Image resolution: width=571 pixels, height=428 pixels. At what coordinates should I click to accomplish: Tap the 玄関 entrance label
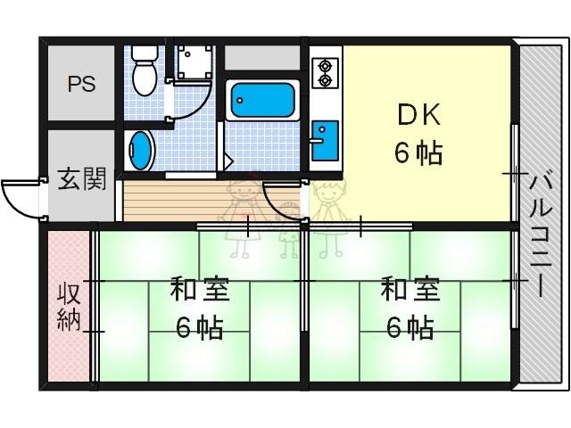point(82,179)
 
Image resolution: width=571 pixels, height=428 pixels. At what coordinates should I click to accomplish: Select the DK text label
point(418,116)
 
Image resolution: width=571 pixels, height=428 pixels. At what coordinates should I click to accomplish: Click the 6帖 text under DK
point(418,153)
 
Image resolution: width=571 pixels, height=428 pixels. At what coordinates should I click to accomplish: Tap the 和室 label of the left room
point(200,291)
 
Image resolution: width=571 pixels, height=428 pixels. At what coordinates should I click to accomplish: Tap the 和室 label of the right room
point(410,291)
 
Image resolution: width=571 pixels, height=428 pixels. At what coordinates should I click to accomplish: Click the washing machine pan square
point(194,61)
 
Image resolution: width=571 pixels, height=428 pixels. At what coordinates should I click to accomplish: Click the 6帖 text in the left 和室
point(199,328)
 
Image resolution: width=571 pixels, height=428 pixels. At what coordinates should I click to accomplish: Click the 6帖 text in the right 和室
point(410,328)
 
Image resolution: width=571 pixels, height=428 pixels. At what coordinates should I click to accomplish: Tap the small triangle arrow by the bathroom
point(228,161)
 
